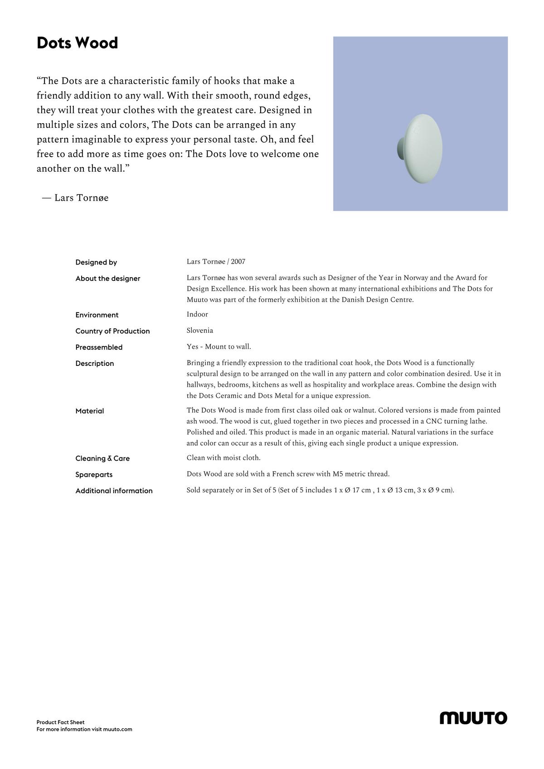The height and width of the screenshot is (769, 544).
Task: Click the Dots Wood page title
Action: tap(77, 43)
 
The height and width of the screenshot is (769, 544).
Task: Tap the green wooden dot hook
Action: tap(422, 149)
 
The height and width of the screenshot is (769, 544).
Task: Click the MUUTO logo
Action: tap(473, 718)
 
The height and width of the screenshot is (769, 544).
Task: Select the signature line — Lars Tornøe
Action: tap(75, 198)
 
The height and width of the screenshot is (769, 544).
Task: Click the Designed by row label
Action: tap(96, 262)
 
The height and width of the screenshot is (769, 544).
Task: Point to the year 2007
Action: tap(238, 262)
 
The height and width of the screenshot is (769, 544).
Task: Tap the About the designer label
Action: tap(108, 279)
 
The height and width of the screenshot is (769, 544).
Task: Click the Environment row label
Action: tap(97, 315)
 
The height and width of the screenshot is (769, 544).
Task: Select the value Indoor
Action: tap(197, 314)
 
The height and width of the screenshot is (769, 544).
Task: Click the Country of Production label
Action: tap(112, 331)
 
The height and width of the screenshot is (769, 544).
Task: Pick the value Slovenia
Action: tap(200, 331)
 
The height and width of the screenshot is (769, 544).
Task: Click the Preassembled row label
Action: tap(99, 347)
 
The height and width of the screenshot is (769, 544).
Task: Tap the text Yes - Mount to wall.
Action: tap(219, 347)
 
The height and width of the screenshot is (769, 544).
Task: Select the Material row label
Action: tap(90, 411)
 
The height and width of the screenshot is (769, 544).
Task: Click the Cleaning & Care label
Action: tap(102, 458)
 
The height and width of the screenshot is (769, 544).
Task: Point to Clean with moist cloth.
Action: tap(223, 458)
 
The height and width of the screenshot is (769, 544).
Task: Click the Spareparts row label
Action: tap(94, 475)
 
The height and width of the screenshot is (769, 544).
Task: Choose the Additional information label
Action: tap(114, 491)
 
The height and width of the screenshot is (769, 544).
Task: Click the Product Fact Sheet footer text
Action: tap(60, 722)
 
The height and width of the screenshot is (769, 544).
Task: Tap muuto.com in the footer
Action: tap(117, 729)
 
